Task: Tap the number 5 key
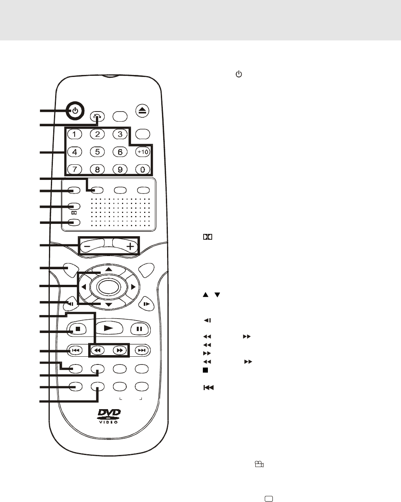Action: [x=98, y=152]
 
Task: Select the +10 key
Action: [x=143, y=152]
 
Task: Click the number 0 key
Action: [x=143, y=169]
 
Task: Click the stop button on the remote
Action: [x=78, y=329]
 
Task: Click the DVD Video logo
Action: [x=109, y=415]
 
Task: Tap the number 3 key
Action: [x=120, y=134]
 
